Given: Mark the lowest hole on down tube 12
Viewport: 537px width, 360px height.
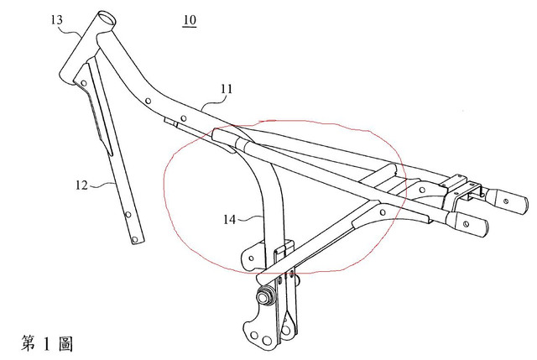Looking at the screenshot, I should coord(135,237).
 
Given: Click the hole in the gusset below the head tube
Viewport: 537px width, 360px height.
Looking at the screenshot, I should coord(85,81).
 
